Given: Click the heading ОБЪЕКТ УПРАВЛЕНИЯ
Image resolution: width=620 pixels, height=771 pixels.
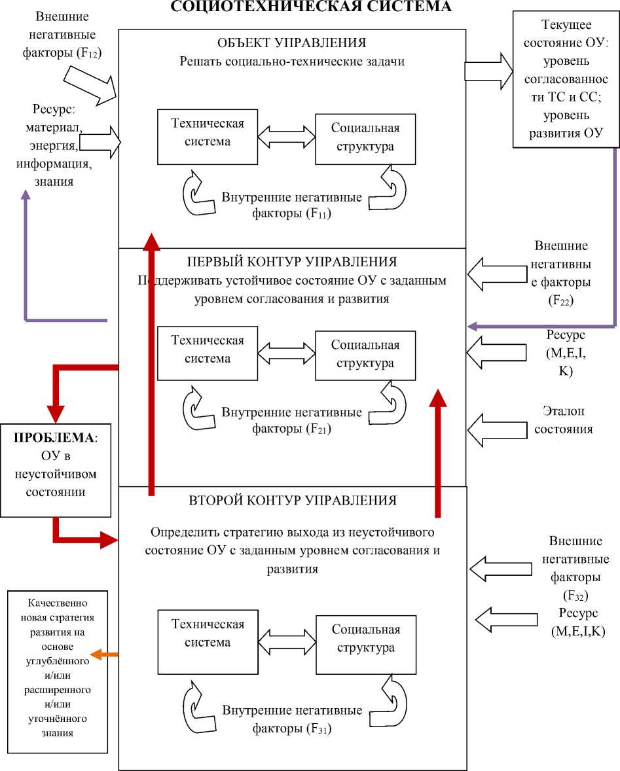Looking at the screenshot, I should pos(291,43).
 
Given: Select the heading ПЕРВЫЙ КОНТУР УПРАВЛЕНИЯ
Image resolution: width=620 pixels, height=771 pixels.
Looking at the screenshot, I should pos(291,262).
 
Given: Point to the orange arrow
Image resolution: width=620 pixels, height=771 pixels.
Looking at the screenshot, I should pos(104,655).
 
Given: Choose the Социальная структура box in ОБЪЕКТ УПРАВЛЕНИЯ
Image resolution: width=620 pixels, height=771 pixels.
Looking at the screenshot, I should pos(365,137).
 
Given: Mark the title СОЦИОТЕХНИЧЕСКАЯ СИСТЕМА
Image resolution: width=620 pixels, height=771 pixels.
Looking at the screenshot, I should pos(310,7).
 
